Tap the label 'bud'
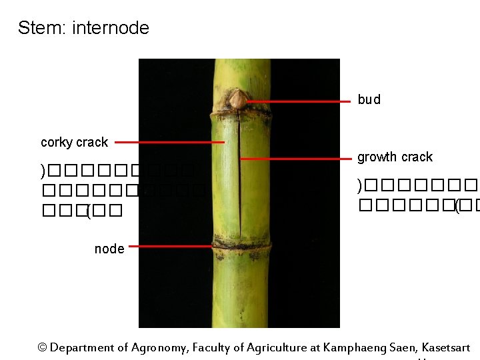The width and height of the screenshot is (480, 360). (x=369, y=100)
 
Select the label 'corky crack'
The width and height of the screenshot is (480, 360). (x=74, y=142)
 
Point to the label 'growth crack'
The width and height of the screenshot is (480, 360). (x=395, y=157)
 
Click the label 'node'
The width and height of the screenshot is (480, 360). (x=109, y=249)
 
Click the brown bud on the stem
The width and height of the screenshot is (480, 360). (x=237, y=100)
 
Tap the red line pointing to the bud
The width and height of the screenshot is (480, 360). (x=299, y=101)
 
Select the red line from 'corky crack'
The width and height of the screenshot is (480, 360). (x=170, y=142)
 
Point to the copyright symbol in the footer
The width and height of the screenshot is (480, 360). (x=43, y=348)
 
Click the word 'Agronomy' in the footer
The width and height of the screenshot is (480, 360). (x=158, y=348)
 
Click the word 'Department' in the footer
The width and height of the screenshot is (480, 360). (x=82, y=348)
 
